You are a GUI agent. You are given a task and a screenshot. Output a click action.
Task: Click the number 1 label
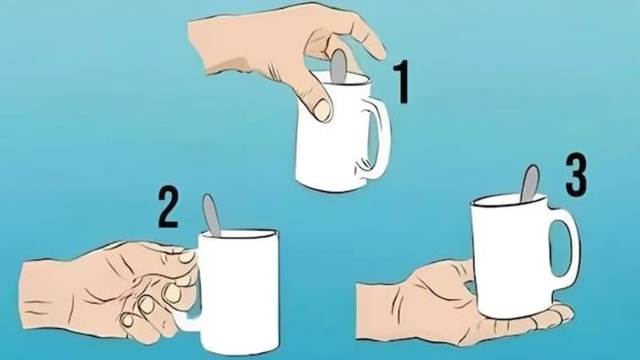coord(401,82)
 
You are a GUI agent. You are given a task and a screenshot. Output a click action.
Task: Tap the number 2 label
coord(168,207)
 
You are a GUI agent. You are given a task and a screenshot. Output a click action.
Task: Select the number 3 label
coord(576,174)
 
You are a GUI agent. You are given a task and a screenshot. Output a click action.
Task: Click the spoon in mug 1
coord(338,66)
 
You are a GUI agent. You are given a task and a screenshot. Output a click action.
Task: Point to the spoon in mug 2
coord(211,215)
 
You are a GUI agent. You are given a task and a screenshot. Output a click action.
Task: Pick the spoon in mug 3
coord(530,184)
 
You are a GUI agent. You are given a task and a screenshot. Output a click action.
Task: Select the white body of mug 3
coord(511,257)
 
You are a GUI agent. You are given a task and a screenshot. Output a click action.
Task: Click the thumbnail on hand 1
coord(322,110)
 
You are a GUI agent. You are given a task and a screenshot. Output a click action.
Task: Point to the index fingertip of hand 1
coord(378,51)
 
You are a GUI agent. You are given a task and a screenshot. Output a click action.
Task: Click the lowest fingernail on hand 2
coord(128,319)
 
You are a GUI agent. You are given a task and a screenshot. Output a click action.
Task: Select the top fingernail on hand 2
coord(187,256)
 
